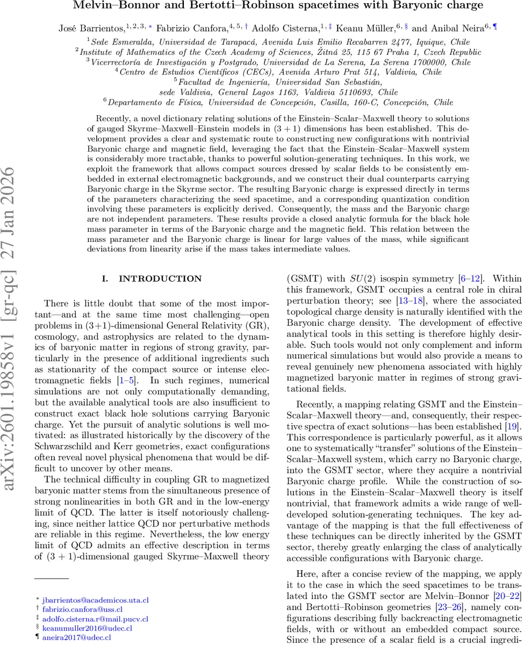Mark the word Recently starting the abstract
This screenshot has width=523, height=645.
point(113,118)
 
